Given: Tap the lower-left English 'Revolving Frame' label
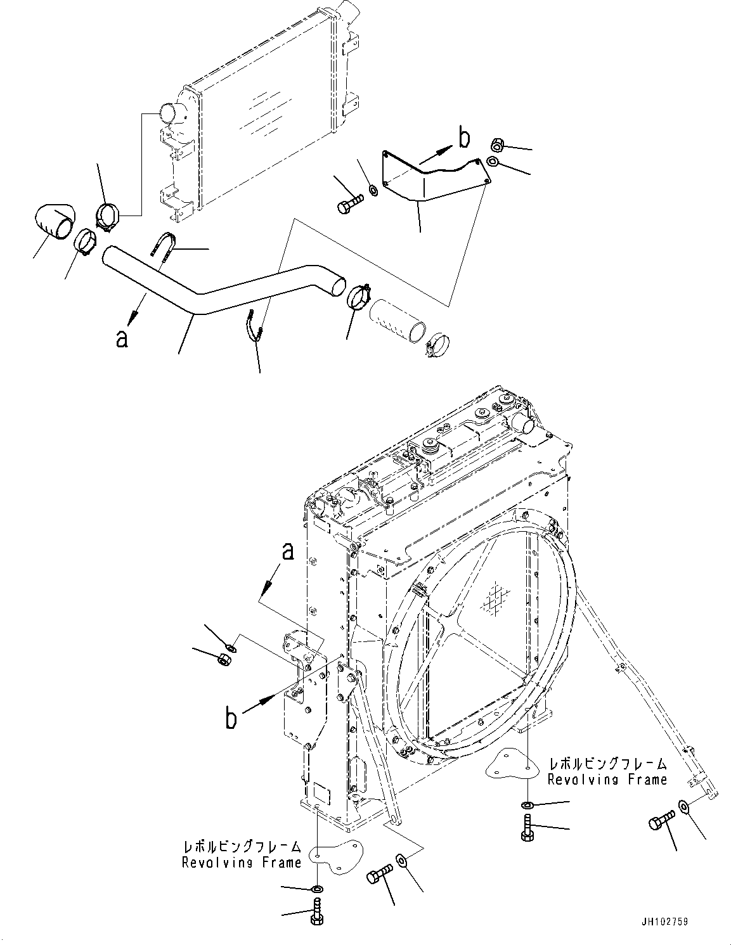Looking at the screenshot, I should [x=242, y=863].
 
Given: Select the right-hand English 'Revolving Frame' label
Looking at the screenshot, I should [x=607, y=780].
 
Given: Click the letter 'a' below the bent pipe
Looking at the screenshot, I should [x=122, y=338].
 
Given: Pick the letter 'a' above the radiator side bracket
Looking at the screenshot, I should [x=288, y=551].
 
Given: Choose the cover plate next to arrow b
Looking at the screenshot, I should [x=434, y=177].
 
